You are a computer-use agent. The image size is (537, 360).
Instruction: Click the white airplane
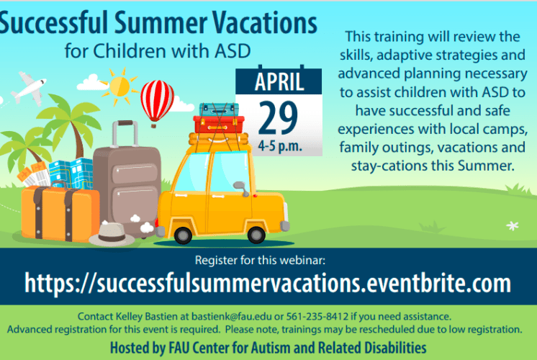pos(29,88)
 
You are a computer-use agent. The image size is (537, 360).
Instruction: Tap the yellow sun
pos(119,86)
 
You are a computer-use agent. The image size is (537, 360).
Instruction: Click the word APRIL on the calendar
pos(279,81)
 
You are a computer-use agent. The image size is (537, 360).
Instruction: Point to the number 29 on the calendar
pos(278,118)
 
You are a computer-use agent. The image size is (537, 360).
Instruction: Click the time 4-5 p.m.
pos(280,146)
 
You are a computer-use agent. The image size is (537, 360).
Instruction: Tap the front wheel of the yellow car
pos(256,235)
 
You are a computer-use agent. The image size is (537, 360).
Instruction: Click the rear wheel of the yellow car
pos(183,235)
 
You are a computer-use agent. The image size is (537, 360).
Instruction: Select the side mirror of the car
pos(241,189)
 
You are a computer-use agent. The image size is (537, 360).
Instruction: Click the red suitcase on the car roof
pos(219,125)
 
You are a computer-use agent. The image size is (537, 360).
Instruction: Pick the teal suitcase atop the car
pos(219,109)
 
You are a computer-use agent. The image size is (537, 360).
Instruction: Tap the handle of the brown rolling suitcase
pos(125,134)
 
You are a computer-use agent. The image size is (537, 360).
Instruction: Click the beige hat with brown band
pos(112,235)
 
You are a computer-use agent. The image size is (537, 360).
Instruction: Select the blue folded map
pos(71,174)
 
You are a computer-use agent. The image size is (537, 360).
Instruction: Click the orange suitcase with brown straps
pos(60,213)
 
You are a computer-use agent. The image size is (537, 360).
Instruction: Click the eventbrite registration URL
pos(268,282)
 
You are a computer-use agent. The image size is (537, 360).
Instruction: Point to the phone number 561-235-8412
pos(317,316)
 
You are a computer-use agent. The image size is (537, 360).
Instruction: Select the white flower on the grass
pos(513,226)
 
